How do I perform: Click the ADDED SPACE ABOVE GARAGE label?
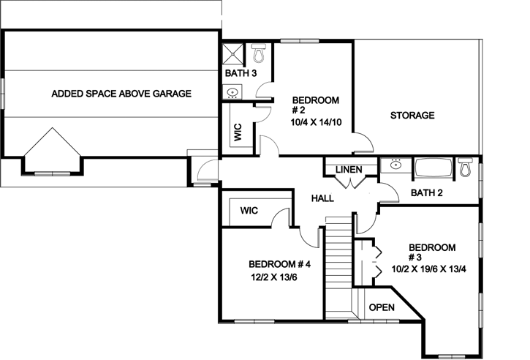(121, 94)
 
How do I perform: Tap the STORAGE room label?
(412, 116)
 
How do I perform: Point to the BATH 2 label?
(428, 193)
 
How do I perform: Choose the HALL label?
(322, 198)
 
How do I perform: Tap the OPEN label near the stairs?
(382, 307)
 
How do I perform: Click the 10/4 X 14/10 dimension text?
(316, 121)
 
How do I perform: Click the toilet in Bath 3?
(258, 53)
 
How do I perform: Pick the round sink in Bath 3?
(232, 92)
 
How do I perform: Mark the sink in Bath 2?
(395, 165)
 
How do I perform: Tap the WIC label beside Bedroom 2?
(238, 132)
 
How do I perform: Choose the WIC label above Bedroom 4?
(249, 211)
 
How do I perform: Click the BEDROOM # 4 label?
(279, 264)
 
